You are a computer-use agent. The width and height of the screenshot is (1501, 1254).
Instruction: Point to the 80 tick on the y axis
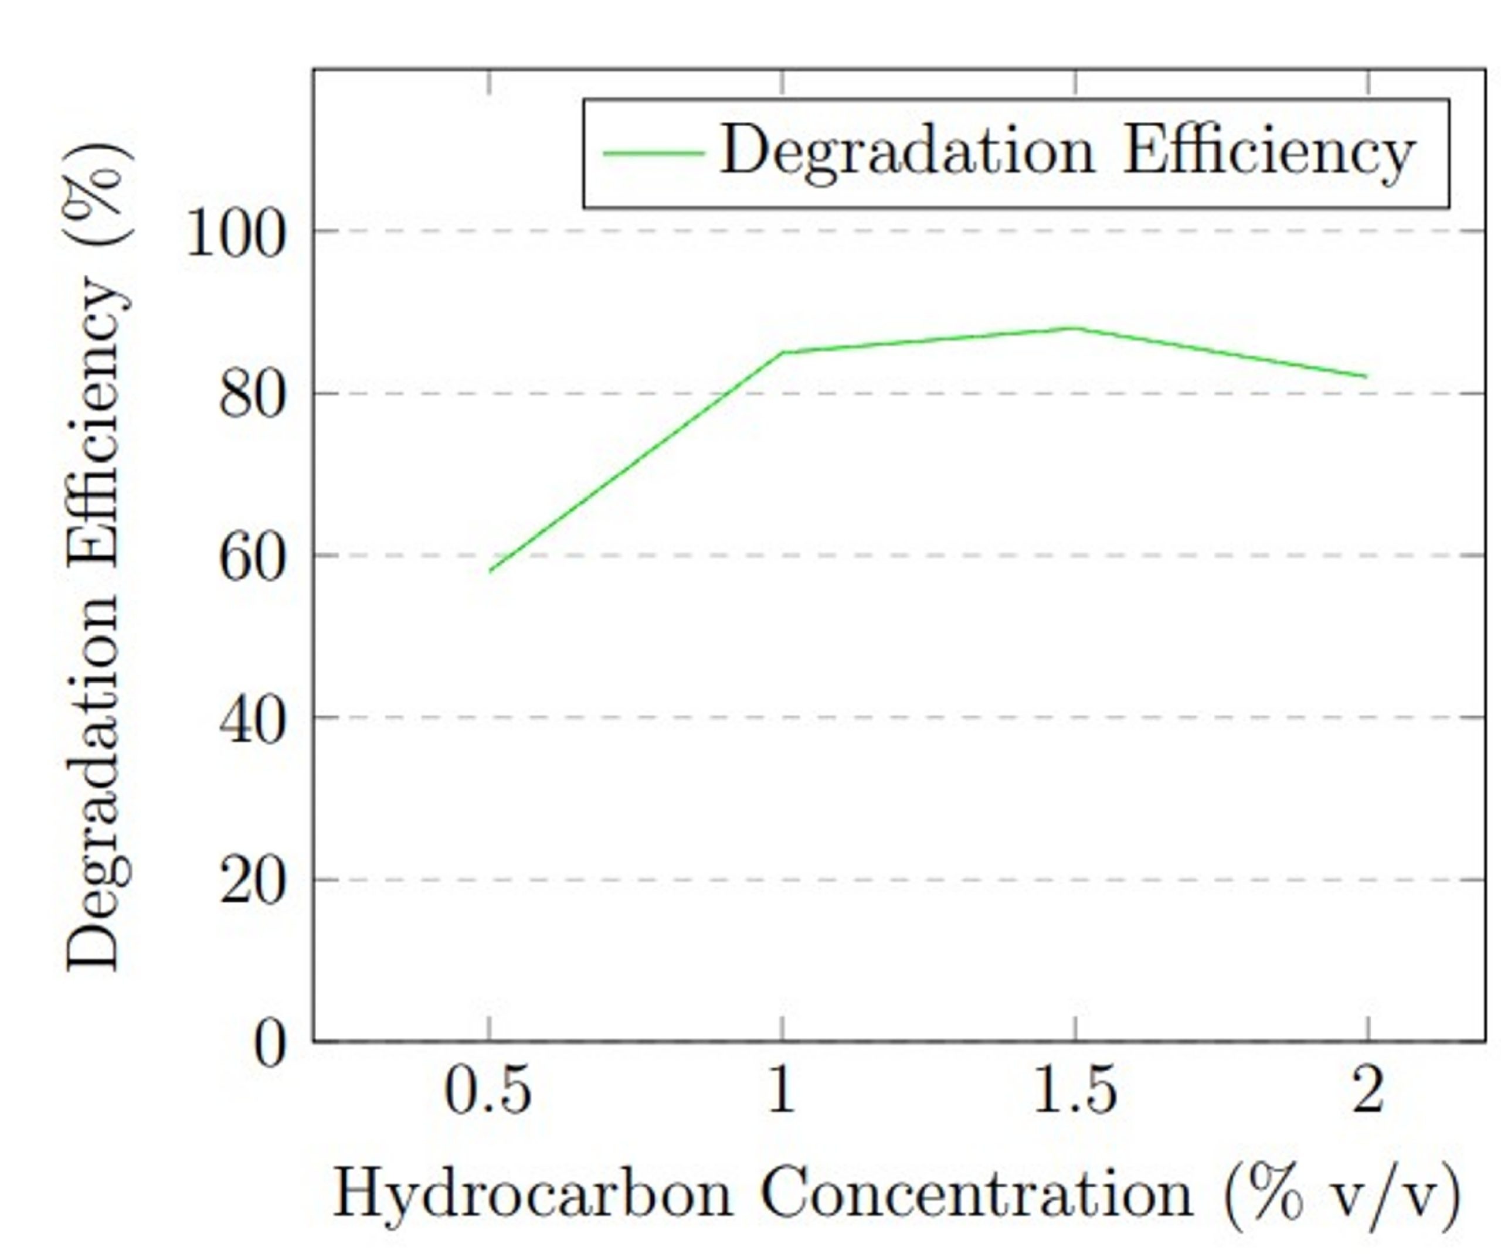[252, 397]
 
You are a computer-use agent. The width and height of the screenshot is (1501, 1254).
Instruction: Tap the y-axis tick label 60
[252, 560]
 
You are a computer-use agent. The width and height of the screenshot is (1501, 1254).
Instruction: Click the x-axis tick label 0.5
[489, 1091]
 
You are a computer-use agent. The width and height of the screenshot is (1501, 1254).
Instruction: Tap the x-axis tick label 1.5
[1075, 1091]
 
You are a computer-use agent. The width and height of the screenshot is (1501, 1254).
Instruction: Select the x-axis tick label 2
[1367, 1091]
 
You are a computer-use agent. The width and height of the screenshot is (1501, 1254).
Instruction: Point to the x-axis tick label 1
[782, 1091]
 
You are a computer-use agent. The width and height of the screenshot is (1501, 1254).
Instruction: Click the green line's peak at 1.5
[1074, 328]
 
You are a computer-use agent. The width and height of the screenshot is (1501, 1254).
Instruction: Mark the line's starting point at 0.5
[490, 571]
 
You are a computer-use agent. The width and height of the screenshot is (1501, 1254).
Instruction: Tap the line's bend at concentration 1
[783, 352]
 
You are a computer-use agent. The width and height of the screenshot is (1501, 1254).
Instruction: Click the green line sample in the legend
[653, 152]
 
